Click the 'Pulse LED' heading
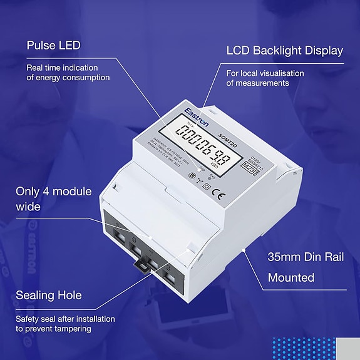[53, 46]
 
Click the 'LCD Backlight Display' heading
[284, 51]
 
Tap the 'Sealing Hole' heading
[48, 295]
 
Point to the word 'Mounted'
[291, 277]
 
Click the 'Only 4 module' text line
[54, 191]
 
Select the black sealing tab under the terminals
[143, 266]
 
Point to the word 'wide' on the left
[28, 207]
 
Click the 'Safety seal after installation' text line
[66, 319]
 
